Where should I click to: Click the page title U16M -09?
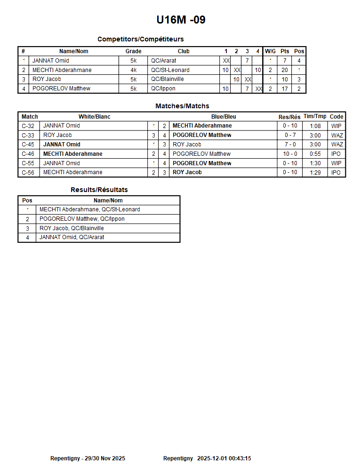point(181,20)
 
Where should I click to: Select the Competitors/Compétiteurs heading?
point(140,39)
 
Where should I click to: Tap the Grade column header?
point(133,51)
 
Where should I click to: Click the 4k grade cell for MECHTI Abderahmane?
point(133,70)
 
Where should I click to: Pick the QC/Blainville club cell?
point(167,79)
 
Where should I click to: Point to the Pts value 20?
point(285,70)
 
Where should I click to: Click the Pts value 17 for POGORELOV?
point(285,88)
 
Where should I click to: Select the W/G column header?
point(270,51)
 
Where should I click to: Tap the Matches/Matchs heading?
point(182,106)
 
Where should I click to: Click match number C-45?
point(28,145)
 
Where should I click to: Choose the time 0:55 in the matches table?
point(315,154)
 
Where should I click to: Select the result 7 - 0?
point(290,145)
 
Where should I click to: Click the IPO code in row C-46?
point(336,154)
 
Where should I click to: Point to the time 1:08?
point(315,126)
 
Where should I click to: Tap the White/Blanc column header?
point(94,117)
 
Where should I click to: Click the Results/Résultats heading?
point(99,190)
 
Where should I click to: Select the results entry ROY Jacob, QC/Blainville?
point(72,228)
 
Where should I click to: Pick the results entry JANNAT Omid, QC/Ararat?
point(72,237)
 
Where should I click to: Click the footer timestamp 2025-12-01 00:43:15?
point(224,458)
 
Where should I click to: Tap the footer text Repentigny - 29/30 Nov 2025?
point(88,458)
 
